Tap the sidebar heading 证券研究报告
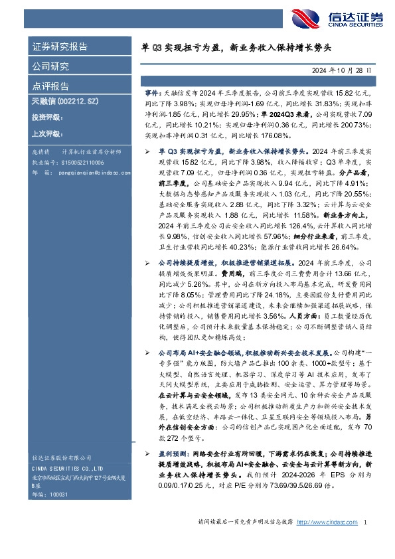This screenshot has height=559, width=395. coord(60,48)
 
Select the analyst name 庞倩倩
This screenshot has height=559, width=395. coord(41,153)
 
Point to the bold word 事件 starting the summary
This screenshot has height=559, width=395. coord(152,96)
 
